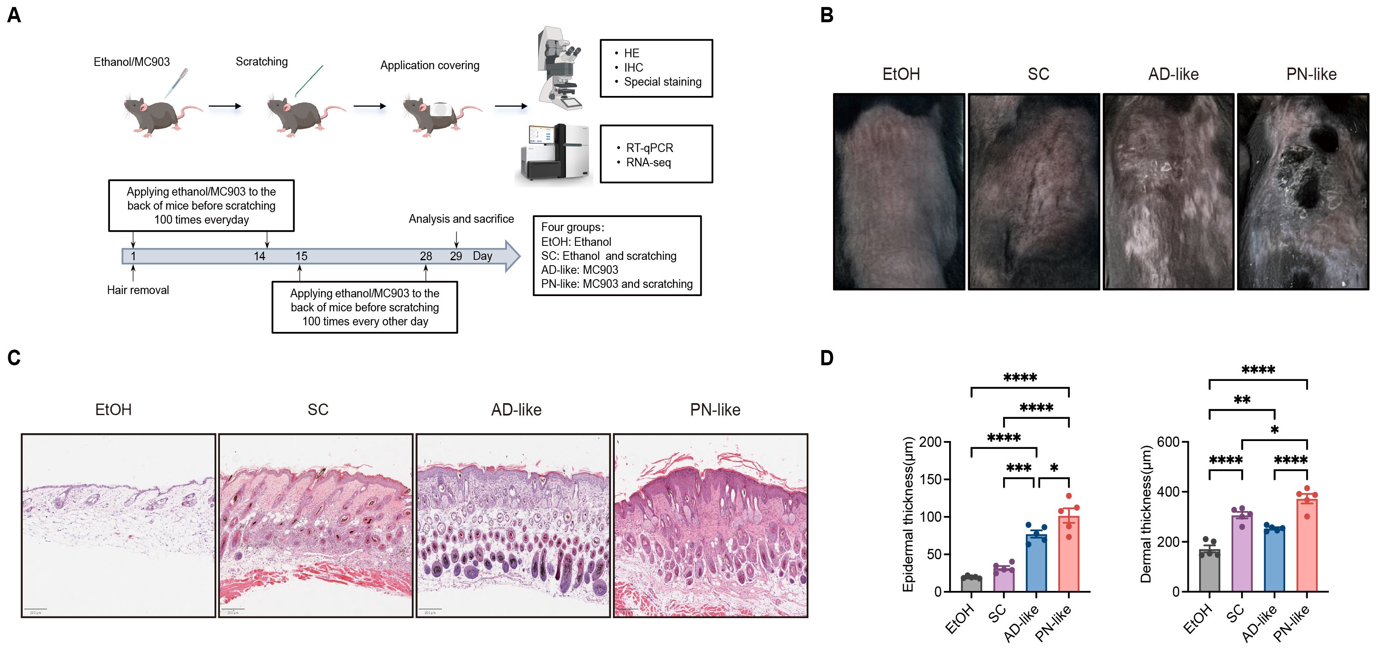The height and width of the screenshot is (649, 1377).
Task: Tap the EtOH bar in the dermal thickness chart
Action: pos(1209,570)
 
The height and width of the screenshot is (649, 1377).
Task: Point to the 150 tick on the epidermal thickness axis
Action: pos(931,479)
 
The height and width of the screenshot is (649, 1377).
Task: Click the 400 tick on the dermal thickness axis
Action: pos(1169,491)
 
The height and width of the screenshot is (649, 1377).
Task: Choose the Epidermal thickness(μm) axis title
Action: pos(908,514)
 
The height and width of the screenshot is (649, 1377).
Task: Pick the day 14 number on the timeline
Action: pos(259,257)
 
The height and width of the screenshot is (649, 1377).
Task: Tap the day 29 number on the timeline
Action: pos(455,257)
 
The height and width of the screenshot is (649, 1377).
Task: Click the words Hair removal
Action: pos(138,290)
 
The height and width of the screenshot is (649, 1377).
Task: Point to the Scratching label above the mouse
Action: pos(261,61)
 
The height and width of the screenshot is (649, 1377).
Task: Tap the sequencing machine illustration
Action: pos(555,154)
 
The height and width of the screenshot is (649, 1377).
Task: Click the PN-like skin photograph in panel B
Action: pos(1303,191)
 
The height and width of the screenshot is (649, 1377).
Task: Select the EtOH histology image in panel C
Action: pos(118,525)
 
